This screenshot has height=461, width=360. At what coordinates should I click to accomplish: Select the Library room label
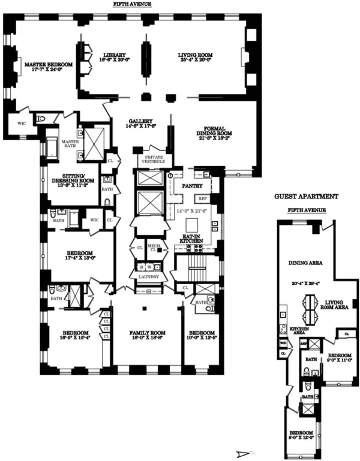click(x=113, y=55)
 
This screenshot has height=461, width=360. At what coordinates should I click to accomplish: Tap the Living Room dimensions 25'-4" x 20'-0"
click(x=195, y=61)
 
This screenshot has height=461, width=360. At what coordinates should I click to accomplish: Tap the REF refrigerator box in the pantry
click(x=203, y=197)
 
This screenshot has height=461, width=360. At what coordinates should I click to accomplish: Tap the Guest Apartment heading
click(x=307, y=196)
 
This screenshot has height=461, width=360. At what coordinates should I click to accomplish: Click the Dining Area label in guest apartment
click(x=304, y=262)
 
